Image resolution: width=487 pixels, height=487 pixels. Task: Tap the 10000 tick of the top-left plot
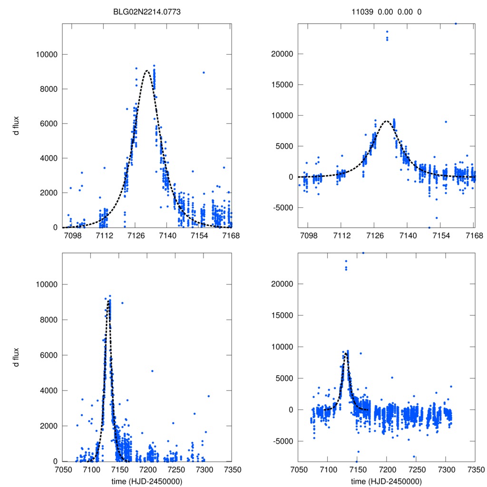[x=47, y=54]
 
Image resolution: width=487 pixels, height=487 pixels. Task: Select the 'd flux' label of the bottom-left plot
[x=17, y=357]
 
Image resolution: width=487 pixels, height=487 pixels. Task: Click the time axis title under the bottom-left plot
[x=147, y=481]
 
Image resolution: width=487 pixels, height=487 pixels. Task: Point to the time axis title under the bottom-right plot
[x=386, y=481]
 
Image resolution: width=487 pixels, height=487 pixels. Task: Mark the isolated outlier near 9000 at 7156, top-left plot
[x=204, y=72]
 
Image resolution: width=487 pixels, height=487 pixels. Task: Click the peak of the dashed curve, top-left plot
[x=147, y=71]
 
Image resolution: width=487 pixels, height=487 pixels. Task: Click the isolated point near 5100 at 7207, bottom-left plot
[x=152, y=371]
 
